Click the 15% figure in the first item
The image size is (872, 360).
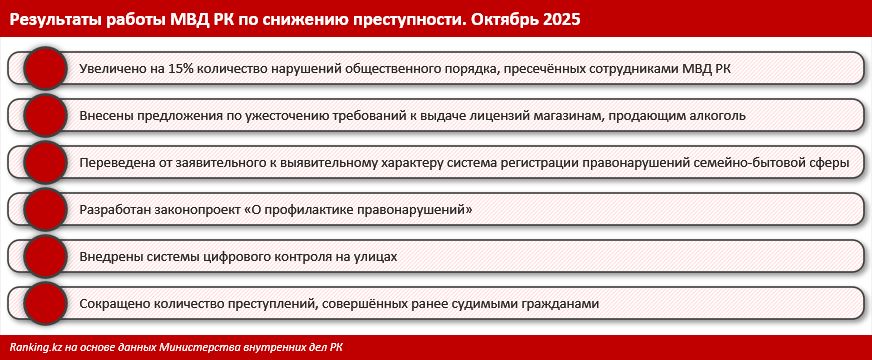[x=172, y=69]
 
